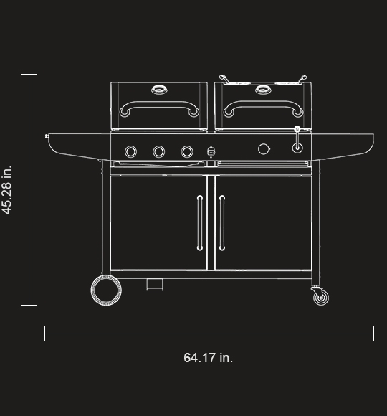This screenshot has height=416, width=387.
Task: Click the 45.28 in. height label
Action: click(x=7, y=190)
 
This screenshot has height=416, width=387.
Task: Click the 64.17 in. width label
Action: click(x=208, y=357)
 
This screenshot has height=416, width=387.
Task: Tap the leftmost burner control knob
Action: click(x=131, y=151)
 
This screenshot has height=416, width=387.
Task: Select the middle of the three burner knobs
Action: click(x=158, y=151)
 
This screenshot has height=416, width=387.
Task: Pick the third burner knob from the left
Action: click(x=187, y=151)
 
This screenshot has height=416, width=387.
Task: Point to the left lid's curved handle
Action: click(x=158, y=108)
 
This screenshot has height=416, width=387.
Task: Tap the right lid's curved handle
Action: click(x=263, y=108)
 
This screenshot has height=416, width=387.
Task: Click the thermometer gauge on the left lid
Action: click(x=158, y=90)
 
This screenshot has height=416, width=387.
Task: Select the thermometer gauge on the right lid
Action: click(x=263, y=90)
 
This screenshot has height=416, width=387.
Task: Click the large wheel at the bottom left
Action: click(x=106, y=290)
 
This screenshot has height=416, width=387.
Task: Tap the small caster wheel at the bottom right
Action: click(x=320, y=296)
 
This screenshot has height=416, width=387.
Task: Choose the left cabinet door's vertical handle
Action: click(x=199, y=223)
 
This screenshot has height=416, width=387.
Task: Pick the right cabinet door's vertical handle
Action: click(x=222, y=223)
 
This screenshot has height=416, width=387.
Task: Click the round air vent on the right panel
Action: click(x=264, y=149)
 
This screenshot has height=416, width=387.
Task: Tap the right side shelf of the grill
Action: click(x=344, y=144)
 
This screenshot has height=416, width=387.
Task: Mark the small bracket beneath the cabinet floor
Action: click(x=154, y=284)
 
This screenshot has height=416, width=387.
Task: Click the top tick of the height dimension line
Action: click(x=29, y=74)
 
